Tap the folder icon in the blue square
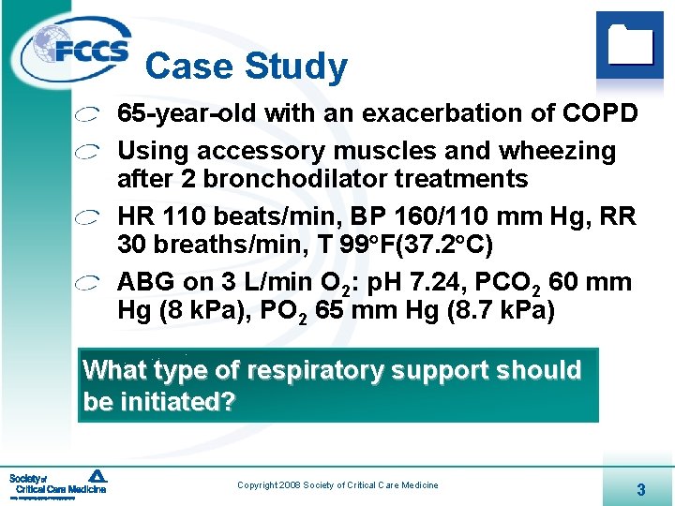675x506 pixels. click(630, 43)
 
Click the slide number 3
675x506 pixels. click(640, 489)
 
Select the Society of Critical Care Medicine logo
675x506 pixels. click(58, 484)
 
